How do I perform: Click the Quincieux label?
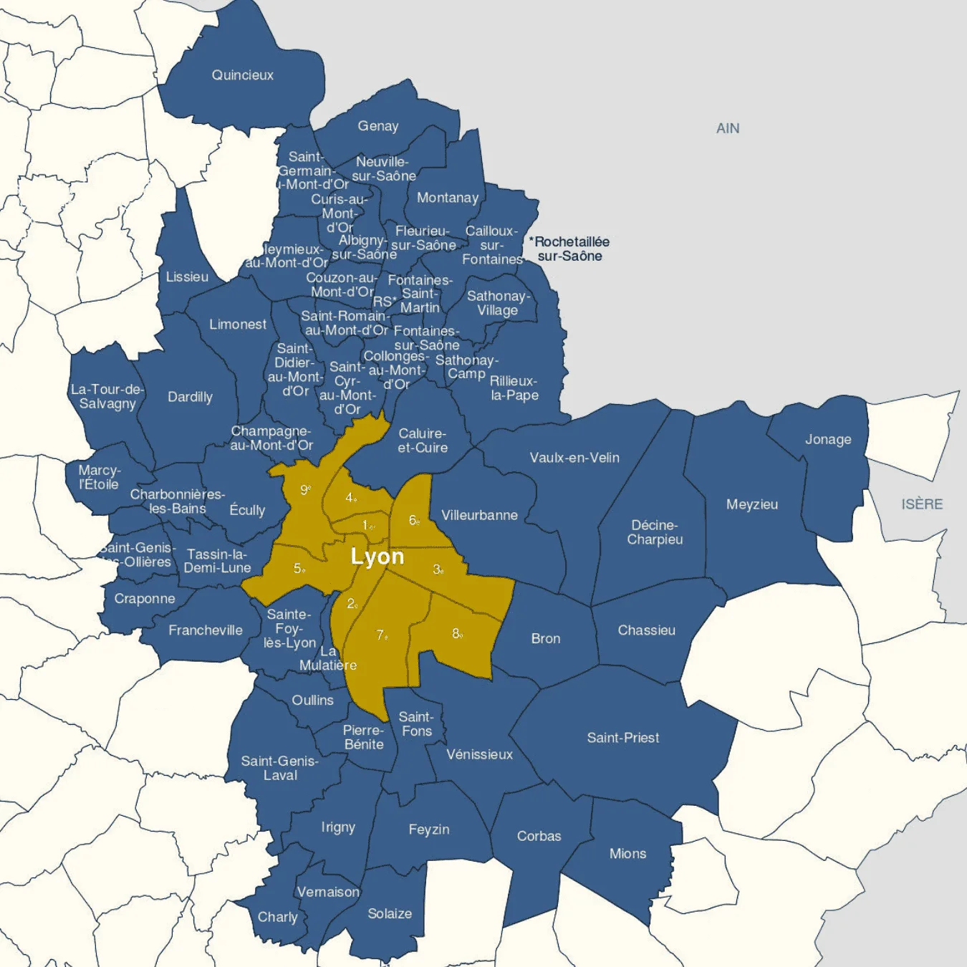click(x=242, y=75)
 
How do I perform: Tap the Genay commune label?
click(x=378, y=126)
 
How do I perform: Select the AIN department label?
click(x=728, y=128)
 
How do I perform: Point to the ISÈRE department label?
click(x=922, y=504)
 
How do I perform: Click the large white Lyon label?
click(x=377, y=557)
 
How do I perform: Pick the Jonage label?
click(x=828, y=439)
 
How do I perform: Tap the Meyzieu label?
click(x=752, y=504)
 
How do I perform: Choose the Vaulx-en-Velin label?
click(x=574, y=458)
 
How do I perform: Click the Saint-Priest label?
click(x=623, y=738)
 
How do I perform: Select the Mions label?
click(x=627, y=854)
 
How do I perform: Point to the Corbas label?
click(x=539, y=836)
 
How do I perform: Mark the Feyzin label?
click(x=429, y=829)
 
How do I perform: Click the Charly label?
click(x=277, y=917)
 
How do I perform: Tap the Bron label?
click(x=546, y=638)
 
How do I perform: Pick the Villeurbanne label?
click(x=479, y=515)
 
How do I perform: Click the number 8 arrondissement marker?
click(x=457, y=633)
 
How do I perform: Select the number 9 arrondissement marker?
click(x=305, y=489)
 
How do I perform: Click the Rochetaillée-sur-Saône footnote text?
click(x=569, y=249)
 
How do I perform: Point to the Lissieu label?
click(x=187, y=276)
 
